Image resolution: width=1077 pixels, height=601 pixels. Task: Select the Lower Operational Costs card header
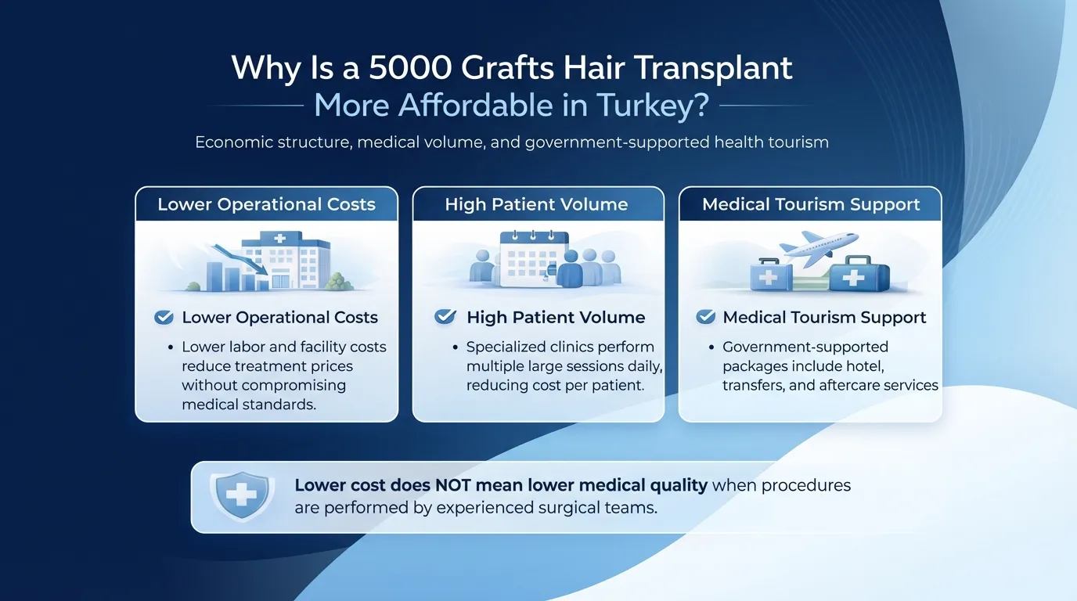267,205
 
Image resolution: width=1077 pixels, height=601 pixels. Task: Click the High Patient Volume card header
537,205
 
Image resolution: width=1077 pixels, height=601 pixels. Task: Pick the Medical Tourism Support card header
811,205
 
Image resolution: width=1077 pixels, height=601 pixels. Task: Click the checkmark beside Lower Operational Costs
164,317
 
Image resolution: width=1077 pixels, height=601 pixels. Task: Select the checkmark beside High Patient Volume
445,317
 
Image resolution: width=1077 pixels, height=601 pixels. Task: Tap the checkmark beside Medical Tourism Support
706,317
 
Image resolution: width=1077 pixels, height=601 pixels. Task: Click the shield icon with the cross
242,495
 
